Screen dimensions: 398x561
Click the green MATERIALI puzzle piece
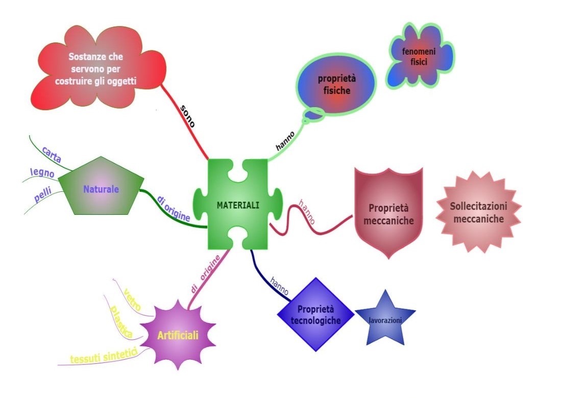[x=238, y=205]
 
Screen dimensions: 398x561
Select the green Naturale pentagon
[x=101, y=189]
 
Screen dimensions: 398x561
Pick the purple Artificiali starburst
[x=177, y=335]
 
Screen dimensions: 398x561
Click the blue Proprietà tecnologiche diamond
[x=315, y=315]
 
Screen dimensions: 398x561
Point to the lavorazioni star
[x=385, y=320]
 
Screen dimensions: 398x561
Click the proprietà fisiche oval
[x=334, y=85]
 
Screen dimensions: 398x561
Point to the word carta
[x=52, y=154]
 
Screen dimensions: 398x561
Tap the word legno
[x=42, y=173]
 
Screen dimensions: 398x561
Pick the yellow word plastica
[x=121, y=321]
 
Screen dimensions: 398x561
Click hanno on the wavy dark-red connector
[x=308, y=213]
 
